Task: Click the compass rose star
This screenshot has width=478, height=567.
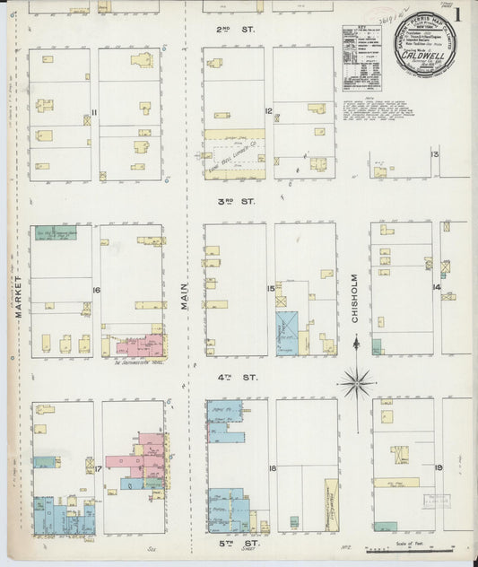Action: [357, 383]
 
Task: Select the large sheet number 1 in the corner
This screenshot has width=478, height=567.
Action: [458, 15]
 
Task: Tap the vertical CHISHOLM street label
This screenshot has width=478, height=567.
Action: [355, 297]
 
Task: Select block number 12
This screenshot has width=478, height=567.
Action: [268, 112]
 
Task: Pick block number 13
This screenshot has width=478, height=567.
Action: [435, 154]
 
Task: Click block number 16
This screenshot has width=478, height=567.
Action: [95, 291]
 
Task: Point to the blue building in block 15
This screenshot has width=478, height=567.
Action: [286, 333]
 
